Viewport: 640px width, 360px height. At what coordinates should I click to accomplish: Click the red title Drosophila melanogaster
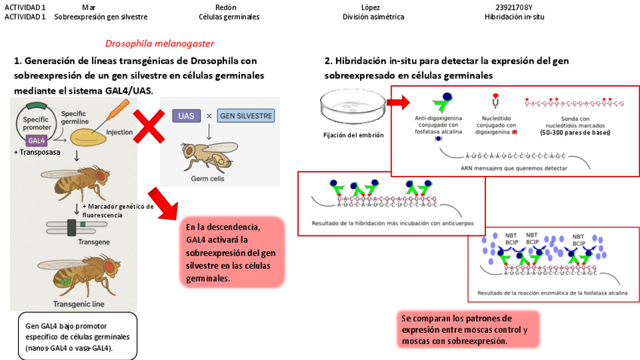pos(159,44)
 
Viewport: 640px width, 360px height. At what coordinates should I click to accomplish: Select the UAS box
pos(186,116)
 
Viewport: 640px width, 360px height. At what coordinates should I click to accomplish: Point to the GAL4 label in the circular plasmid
pos(35,140)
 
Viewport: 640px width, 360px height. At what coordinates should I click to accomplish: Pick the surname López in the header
pos(370,6)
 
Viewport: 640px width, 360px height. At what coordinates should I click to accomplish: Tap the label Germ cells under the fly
pos(205,180)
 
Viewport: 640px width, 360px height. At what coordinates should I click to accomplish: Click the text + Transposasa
pos(35,152)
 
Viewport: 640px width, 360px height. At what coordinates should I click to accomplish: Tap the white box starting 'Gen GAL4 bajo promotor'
pos(76,336)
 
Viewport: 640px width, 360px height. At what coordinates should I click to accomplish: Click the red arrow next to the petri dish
pos(398,101)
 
